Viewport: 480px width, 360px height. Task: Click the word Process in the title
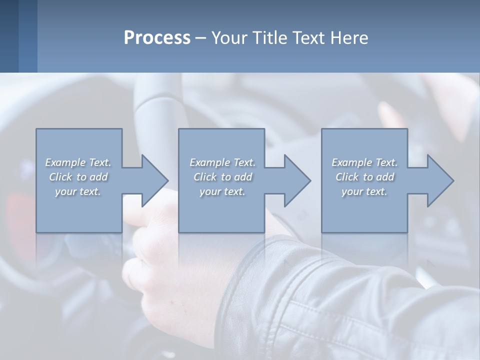click(157, 38)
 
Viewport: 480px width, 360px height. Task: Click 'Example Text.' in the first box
click(78, 162)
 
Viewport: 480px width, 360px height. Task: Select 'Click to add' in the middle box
click(222, 177)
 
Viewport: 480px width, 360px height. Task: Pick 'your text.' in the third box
click(364, 191)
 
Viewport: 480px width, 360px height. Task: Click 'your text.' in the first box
click(78, 191)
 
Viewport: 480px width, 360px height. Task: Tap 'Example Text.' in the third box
click(364, 162)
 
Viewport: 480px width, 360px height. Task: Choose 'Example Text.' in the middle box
click(222, 162)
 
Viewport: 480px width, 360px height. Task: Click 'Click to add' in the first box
click(78, 177)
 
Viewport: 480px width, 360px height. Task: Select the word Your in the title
click(229, 38)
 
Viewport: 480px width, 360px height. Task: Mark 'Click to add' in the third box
click(364, 177)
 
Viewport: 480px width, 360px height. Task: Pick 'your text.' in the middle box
click(222, 191)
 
